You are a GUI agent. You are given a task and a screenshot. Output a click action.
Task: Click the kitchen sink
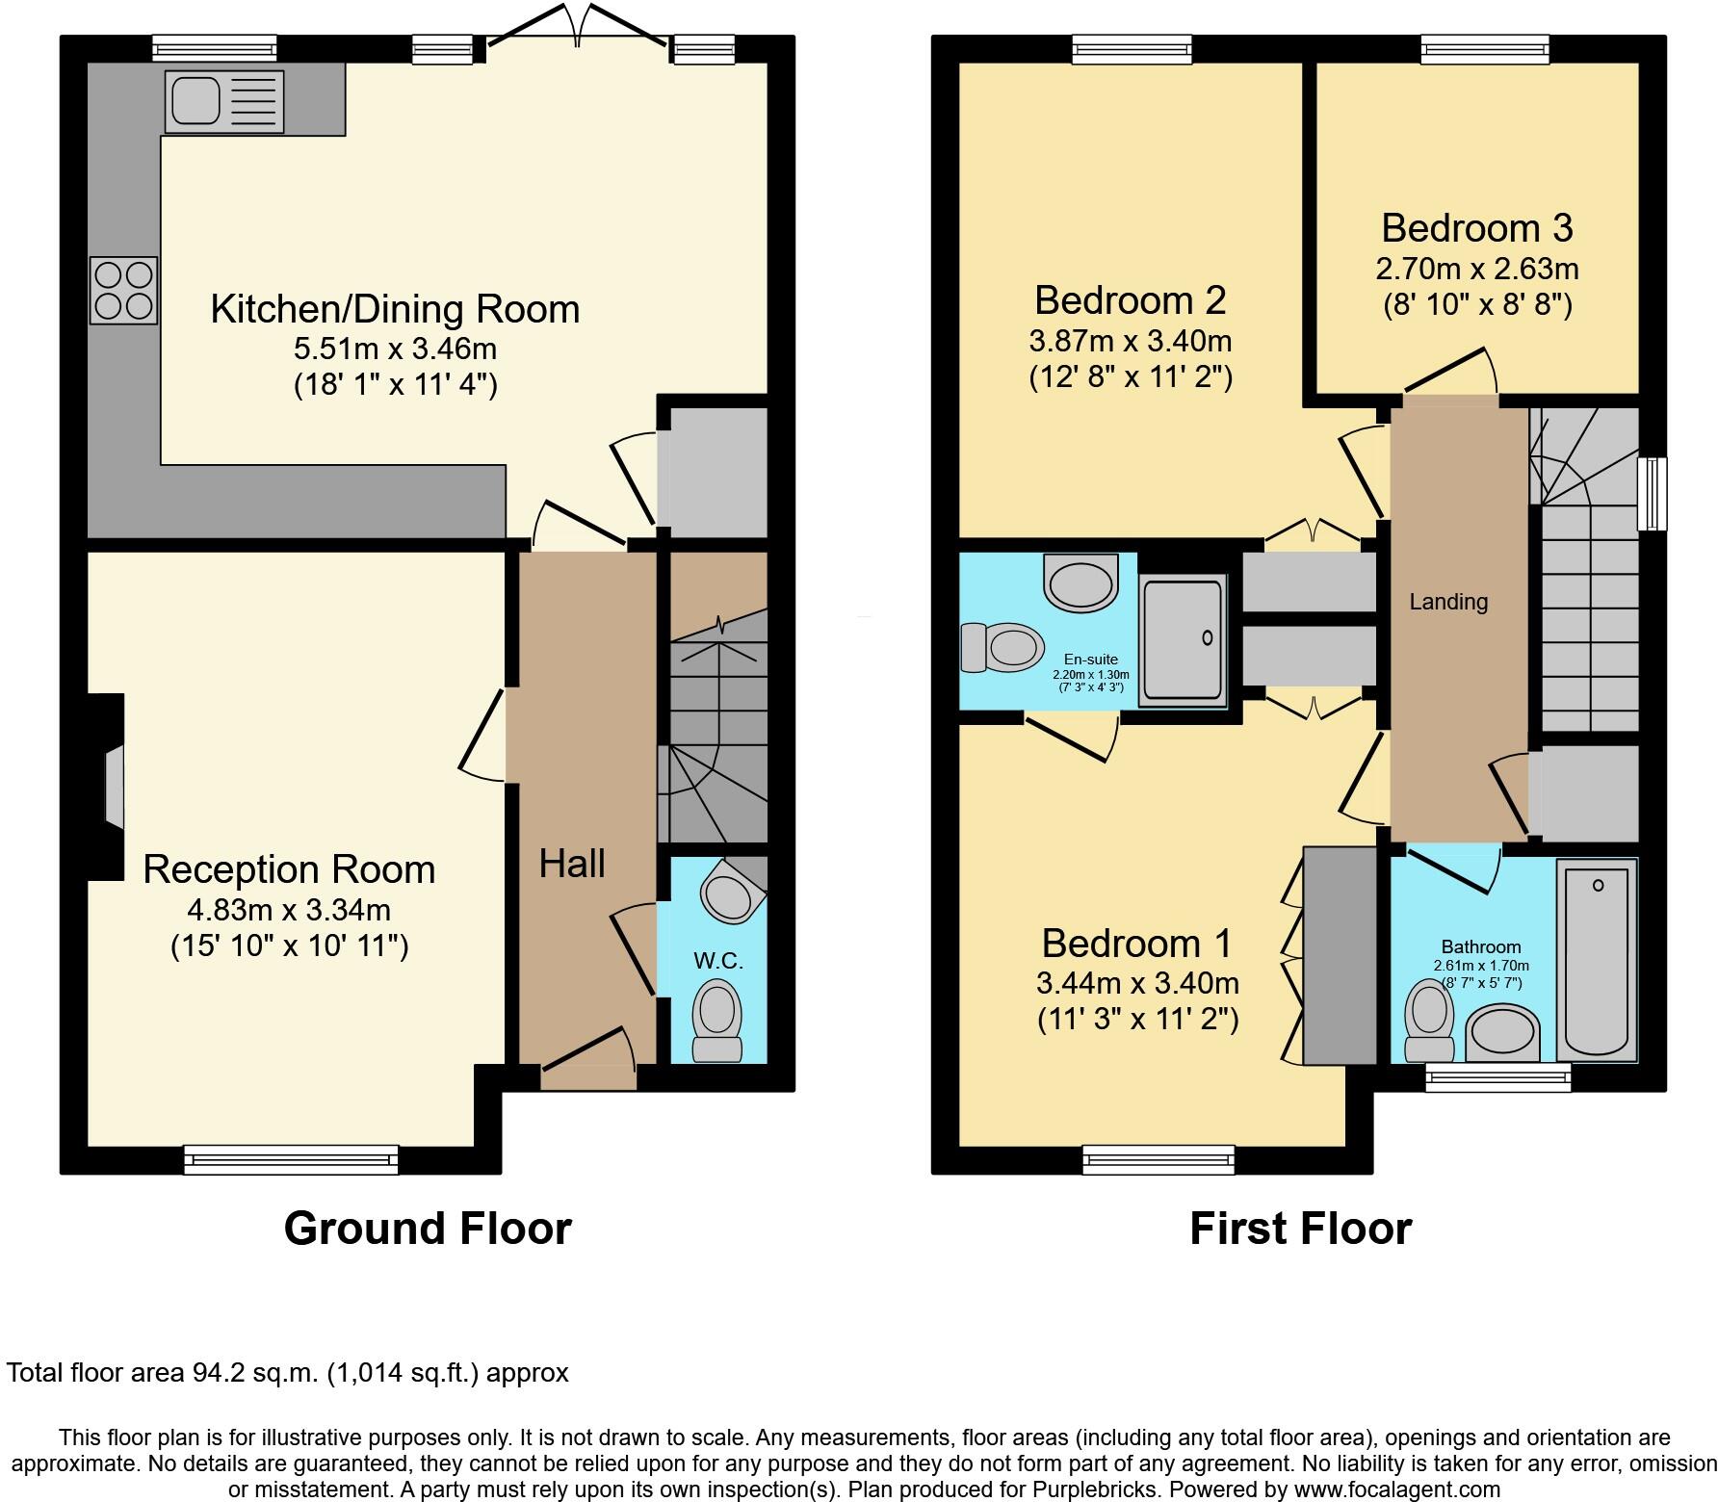pyautogui.click(x=223, y=101)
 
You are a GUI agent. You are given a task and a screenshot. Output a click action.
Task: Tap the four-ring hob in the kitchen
pyautogui.click(x=124, y=291)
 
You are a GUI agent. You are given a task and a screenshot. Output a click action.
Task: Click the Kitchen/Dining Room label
pyautogui.click(x=395, y=310)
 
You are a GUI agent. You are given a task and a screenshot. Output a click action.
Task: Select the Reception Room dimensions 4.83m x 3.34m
pyautogui.click(x=289, y=909)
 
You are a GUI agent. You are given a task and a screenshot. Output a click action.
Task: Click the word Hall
pyautogui.click(x=572, y=864)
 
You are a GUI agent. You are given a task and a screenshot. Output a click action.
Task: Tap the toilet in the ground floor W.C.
pyautogui.click(x=717, y=1023)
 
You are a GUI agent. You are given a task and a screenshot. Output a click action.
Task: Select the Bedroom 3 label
pyautogui.click(x=1476, y=228)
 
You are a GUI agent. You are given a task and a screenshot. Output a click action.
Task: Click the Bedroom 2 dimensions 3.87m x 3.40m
pyautogui.click(x=1130, y=341)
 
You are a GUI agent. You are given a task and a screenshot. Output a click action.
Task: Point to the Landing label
pyautogui.click(x=1448, y=602)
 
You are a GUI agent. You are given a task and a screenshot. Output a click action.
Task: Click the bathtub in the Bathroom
pyautogui.click(x=1597, y=961)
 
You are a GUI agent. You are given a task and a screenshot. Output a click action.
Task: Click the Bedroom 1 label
pyautogui.click(x=1136, y=944)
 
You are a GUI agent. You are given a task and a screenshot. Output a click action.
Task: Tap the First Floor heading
pyautogui.click(x=1300, y=1230)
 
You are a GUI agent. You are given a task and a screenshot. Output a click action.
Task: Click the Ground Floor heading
pyautogui.click(x=428, y=1230)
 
